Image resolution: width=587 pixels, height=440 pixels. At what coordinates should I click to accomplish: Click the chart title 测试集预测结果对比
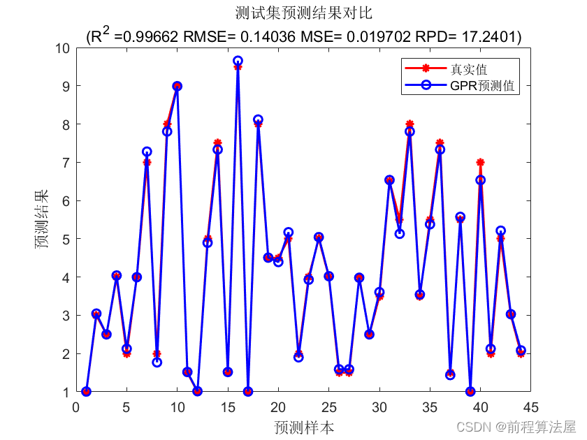pos(303,14)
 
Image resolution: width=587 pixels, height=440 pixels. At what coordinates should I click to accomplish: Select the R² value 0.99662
pos(147,36)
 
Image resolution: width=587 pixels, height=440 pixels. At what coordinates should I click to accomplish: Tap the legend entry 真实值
pos(468,69)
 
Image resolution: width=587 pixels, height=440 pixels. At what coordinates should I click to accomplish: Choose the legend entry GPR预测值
pos(482,86)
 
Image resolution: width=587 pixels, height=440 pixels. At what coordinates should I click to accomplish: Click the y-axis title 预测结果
pos(43,220)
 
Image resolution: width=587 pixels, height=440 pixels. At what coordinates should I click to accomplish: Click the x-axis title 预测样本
pos(303,427)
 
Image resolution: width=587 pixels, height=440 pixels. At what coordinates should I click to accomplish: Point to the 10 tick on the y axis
pos(63,48)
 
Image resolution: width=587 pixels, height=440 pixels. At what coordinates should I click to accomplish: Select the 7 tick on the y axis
pos(67,163)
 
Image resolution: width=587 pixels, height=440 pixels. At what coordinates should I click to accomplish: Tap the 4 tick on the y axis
pos(67,277)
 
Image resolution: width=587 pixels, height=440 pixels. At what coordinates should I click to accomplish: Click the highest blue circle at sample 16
pos(238,61)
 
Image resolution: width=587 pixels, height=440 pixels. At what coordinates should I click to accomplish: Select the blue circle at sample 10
pos(177,86)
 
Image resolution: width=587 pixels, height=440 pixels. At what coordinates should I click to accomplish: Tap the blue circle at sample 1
pos(87,392)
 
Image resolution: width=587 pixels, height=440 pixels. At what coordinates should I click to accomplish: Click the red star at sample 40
pos(480,163)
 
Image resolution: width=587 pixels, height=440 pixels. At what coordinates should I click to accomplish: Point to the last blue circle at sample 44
pos(521,351)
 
